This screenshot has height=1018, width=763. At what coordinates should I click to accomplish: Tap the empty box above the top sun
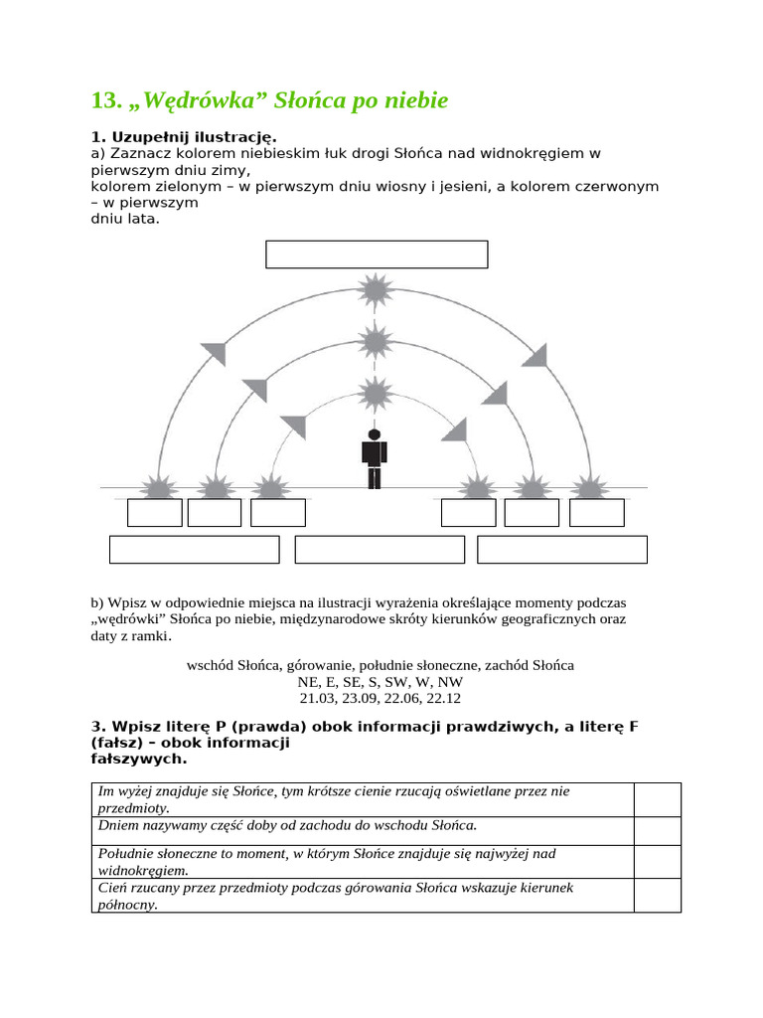pos(377,254)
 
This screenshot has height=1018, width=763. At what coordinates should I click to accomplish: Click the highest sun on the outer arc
pos(375,291)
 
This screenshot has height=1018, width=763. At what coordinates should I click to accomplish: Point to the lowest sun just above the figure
pos(375,394)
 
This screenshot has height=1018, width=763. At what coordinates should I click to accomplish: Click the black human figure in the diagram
pos(374,459)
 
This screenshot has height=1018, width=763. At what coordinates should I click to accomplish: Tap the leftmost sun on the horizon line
pos(156,488)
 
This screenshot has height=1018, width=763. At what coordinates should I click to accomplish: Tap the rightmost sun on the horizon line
pos(593,488)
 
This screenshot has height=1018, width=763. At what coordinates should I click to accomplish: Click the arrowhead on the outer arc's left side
pos(214,353)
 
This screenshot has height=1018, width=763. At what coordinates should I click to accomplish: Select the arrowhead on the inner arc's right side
pos(455,429)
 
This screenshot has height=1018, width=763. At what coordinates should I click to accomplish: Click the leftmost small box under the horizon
pos(155,513)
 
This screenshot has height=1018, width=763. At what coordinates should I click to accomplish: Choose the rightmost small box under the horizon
pos(597,513)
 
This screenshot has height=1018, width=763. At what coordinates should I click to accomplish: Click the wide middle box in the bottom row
pos(380,550)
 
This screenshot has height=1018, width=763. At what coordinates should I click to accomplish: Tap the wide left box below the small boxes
pos(195,550)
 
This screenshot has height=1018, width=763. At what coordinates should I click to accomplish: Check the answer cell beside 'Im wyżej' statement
pos(658,799)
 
